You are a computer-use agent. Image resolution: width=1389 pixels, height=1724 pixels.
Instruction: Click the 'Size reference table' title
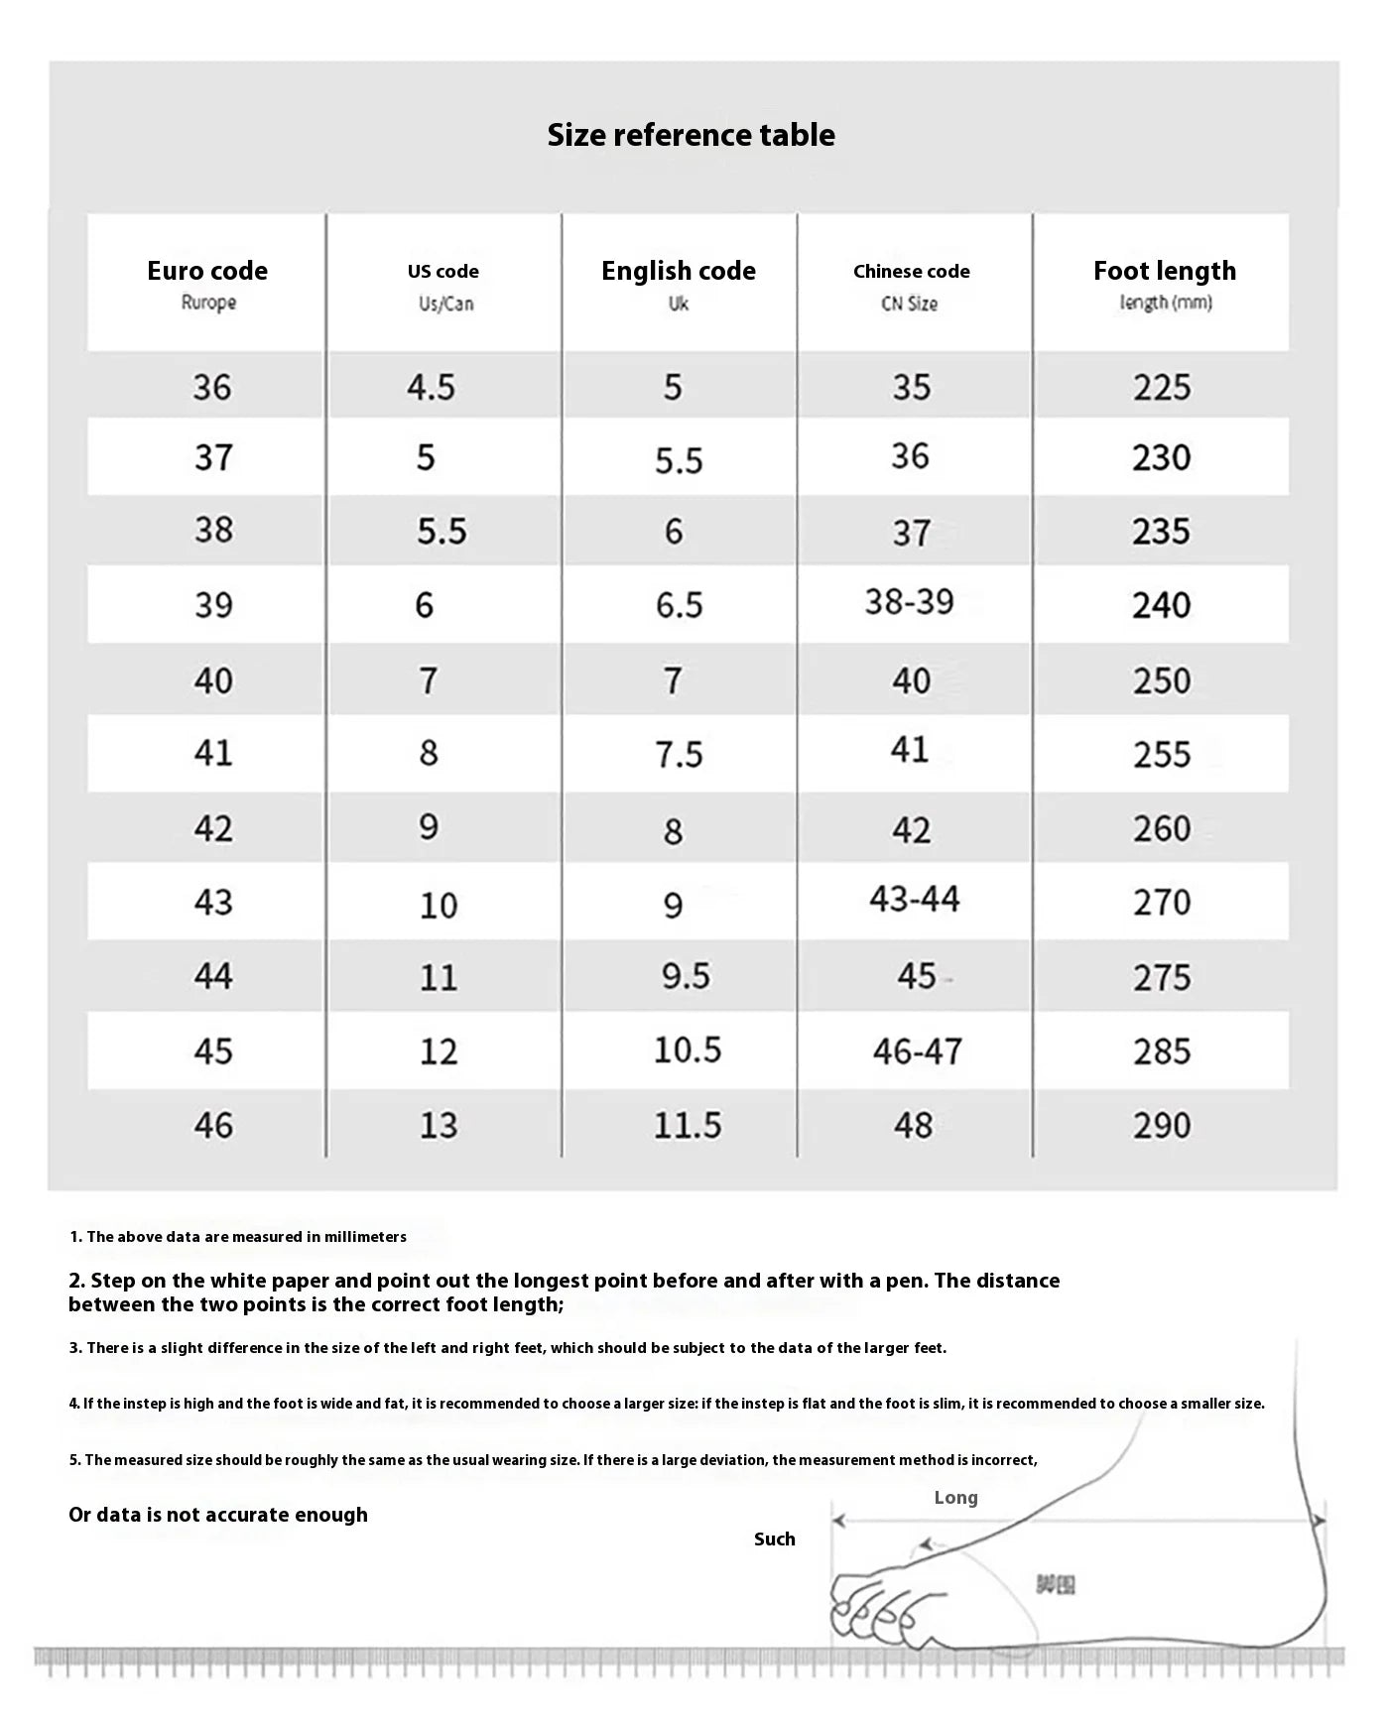click(691, 135)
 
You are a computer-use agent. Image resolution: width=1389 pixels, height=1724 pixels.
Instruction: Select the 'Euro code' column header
click(207, 271)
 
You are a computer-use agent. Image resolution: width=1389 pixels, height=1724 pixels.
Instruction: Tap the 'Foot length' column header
click(1165, 271)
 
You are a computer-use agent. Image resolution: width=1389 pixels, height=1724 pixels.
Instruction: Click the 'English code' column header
click(679, 271)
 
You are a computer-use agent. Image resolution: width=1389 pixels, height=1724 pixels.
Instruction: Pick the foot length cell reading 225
click(1162, 387)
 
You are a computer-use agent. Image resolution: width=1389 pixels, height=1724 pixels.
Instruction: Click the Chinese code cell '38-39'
click(909, 601)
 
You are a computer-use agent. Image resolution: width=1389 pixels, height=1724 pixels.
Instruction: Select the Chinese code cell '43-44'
click(915, 900)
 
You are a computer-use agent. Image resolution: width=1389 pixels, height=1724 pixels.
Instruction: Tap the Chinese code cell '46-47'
click(918, 1050)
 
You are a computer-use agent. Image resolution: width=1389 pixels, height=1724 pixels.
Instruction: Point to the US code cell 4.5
click(431, 387)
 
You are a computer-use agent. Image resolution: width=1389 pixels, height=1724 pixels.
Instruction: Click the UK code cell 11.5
click(688, 1125)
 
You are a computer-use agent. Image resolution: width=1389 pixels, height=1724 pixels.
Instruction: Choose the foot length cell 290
click(1162, 1125)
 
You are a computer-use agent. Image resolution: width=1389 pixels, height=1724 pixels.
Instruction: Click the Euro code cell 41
click(213, 753)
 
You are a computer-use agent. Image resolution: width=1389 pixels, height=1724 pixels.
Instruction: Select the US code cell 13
click(438, 1125)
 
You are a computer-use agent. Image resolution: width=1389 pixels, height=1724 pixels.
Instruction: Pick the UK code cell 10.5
click(688, 1049)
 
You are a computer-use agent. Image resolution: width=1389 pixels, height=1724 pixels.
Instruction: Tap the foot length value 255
click(1162, 755)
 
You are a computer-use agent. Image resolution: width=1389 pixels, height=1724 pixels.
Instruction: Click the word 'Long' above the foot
click(955, 1498)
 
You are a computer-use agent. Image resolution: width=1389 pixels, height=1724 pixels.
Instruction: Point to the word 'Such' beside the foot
click(774, 1539)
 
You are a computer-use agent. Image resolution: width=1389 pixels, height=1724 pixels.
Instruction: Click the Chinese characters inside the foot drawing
click(1056, 1585)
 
